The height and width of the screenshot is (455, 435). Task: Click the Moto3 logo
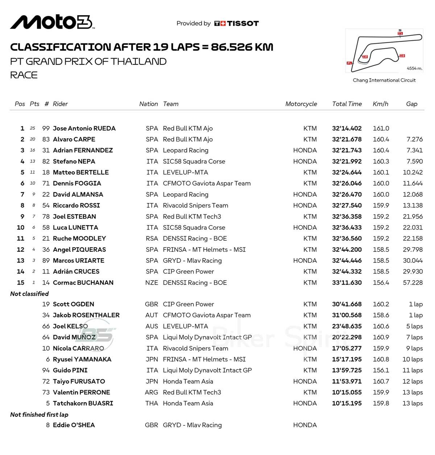coord(53,22)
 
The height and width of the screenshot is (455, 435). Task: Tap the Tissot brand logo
coord(236,24)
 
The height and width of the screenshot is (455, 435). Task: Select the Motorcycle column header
coord(301,104)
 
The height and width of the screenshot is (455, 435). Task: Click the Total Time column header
coord(347,104)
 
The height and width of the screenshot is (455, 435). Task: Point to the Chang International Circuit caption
coord(384,80)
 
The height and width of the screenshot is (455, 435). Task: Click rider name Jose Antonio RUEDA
coord(84,129)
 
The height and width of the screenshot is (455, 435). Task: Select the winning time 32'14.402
coord(347,129)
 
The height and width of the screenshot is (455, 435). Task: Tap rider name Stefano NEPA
coord(74,161)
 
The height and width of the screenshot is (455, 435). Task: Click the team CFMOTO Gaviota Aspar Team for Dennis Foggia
coord(207,184)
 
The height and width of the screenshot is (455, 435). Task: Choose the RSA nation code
coord(152,239)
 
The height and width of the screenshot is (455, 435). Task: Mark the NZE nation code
coord(152,283)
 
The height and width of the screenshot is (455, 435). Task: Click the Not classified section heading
coord(29,294)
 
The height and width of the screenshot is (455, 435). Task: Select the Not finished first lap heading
coord(39,414)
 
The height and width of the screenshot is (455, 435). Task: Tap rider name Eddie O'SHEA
coord(74,425)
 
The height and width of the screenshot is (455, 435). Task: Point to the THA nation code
coord(152,403)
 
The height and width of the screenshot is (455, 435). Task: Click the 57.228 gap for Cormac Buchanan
coord(413,283)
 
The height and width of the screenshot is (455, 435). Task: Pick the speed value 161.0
coord(381,129)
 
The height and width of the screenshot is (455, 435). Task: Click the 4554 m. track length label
coord(414,68)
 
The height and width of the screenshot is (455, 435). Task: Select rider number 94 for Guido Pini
coord(46,370)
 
